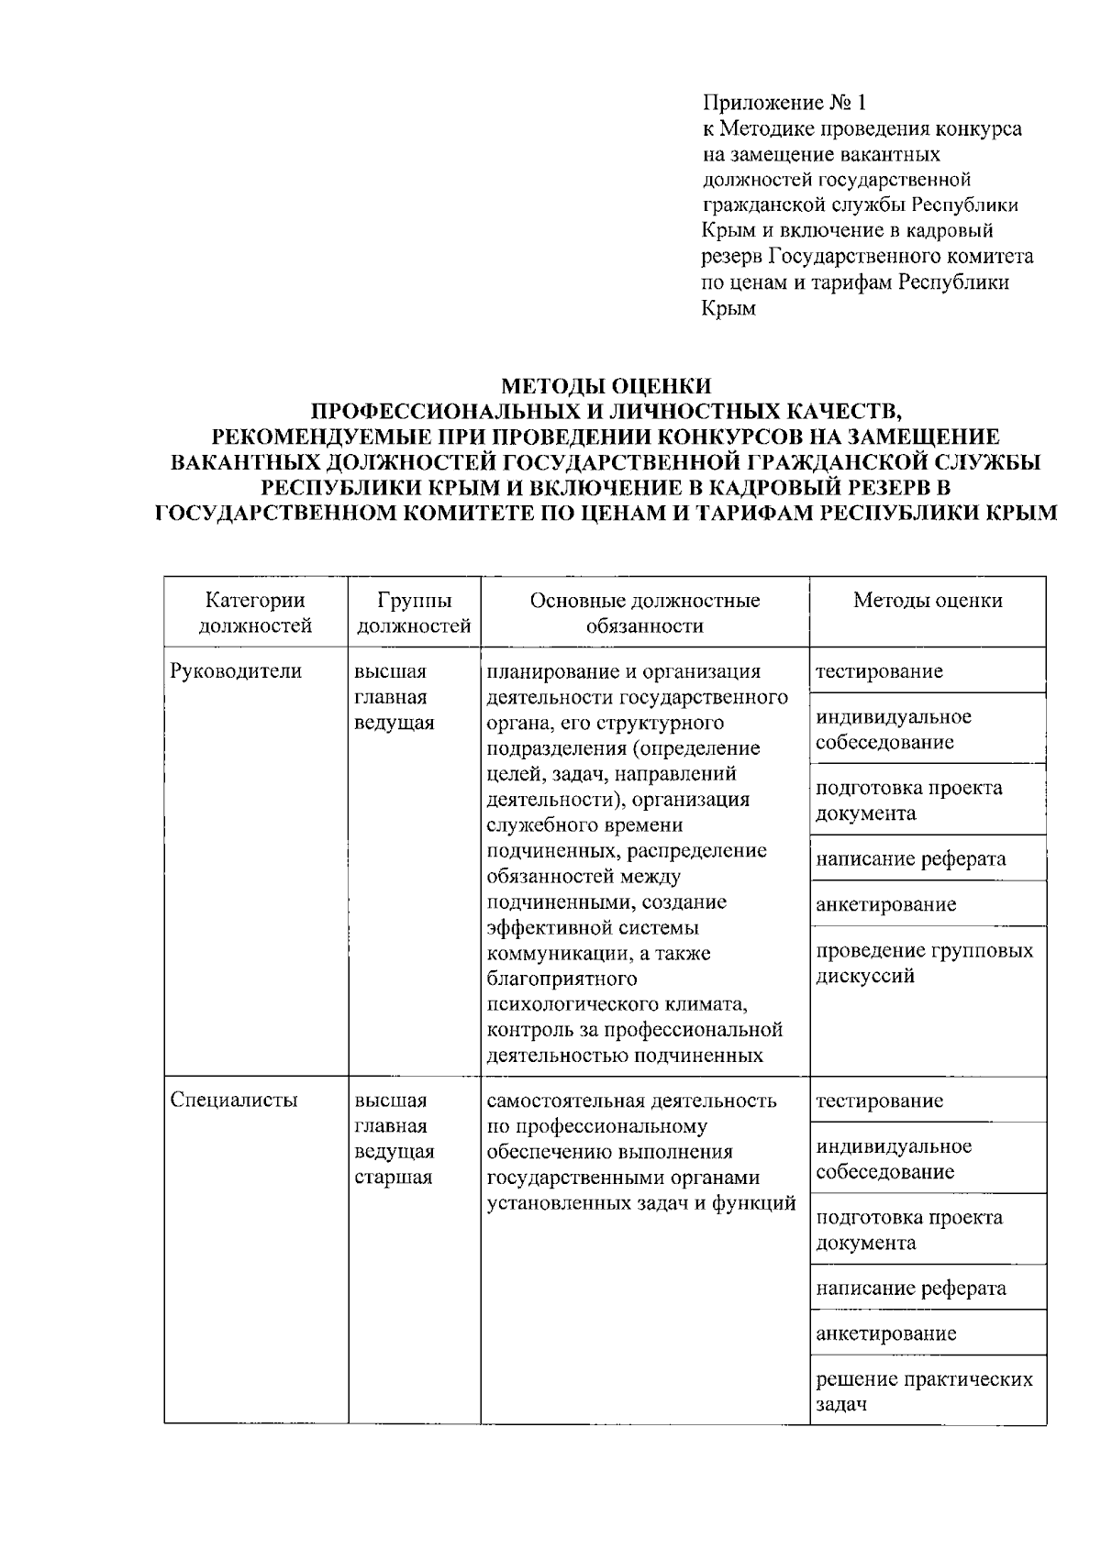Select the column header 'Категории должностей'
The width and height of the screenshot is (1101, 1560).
click(x=255, y=613)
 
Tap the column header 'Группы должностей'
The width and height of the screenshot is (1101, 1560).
click(x=414, y=613)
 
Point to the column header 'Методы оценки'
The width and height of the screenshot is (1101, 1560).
click(x=928, y=601)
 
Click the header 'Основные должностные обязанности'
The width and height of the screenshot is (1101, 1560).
click(x=644, y=613)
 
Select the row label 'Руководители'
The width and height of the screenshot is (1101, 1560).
click(x=236, y=671)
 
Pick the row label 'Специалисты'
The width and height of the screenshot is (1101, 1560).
click(x=234, y=1101)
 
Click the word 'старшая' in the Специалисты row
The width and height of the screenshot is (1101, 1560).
click(x=393, y=1178)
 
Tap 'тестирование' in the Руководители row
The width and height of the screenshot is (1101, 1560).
click(x=879, y=671)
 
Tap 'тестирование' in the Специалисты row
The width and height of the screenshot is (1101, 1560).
click(x=879, y=1101)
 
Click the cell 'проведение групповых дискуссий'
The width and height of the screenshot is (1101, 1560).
click(x=924, y=963)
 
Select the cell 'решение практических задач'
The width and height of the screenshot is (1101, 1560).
click(x=924, y=1391)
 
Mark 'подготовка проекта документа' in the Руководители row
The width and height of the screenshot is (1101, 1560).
click(x=908, y=801)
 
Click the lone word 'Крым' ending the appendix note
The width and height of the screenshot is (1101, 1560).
click(x=729, y=309)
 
